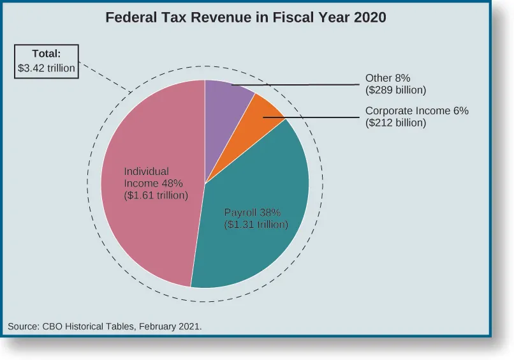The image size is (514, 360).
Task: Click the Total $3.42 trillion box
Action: pyautogui.click(x=47, y=61)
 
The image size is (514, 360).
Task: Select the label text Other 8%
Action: pyautogui.click(x=388, y=79)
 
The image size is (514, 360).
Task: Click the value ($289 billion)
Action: pyautogui.click(x=395, y=91)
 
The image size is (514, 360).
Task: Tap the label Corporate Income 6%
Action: pyautogui.click(x=416, y=111)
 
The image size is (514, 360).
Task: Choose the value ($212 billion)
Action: pyautogui.click(x=395, y=123)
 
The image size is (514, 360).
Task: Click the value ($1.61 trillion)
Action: pyautogui.click(x=156, y=195)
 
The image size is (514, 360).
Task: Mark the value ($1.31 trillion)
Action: pyautogui.click(x=256, y=225)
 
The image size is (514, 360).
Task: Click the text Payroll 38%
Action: pyautogui.click(x=253, y=213)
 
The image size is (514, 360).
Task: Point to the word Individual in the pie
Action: pyautogui.click(x=146, y=172)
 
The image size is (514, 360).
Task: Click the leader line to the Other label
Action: pyautogui.click(x=300, y=84)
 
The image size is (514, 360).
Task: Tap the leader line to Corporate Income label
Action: pyautogui.click(x=319, y=117)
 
